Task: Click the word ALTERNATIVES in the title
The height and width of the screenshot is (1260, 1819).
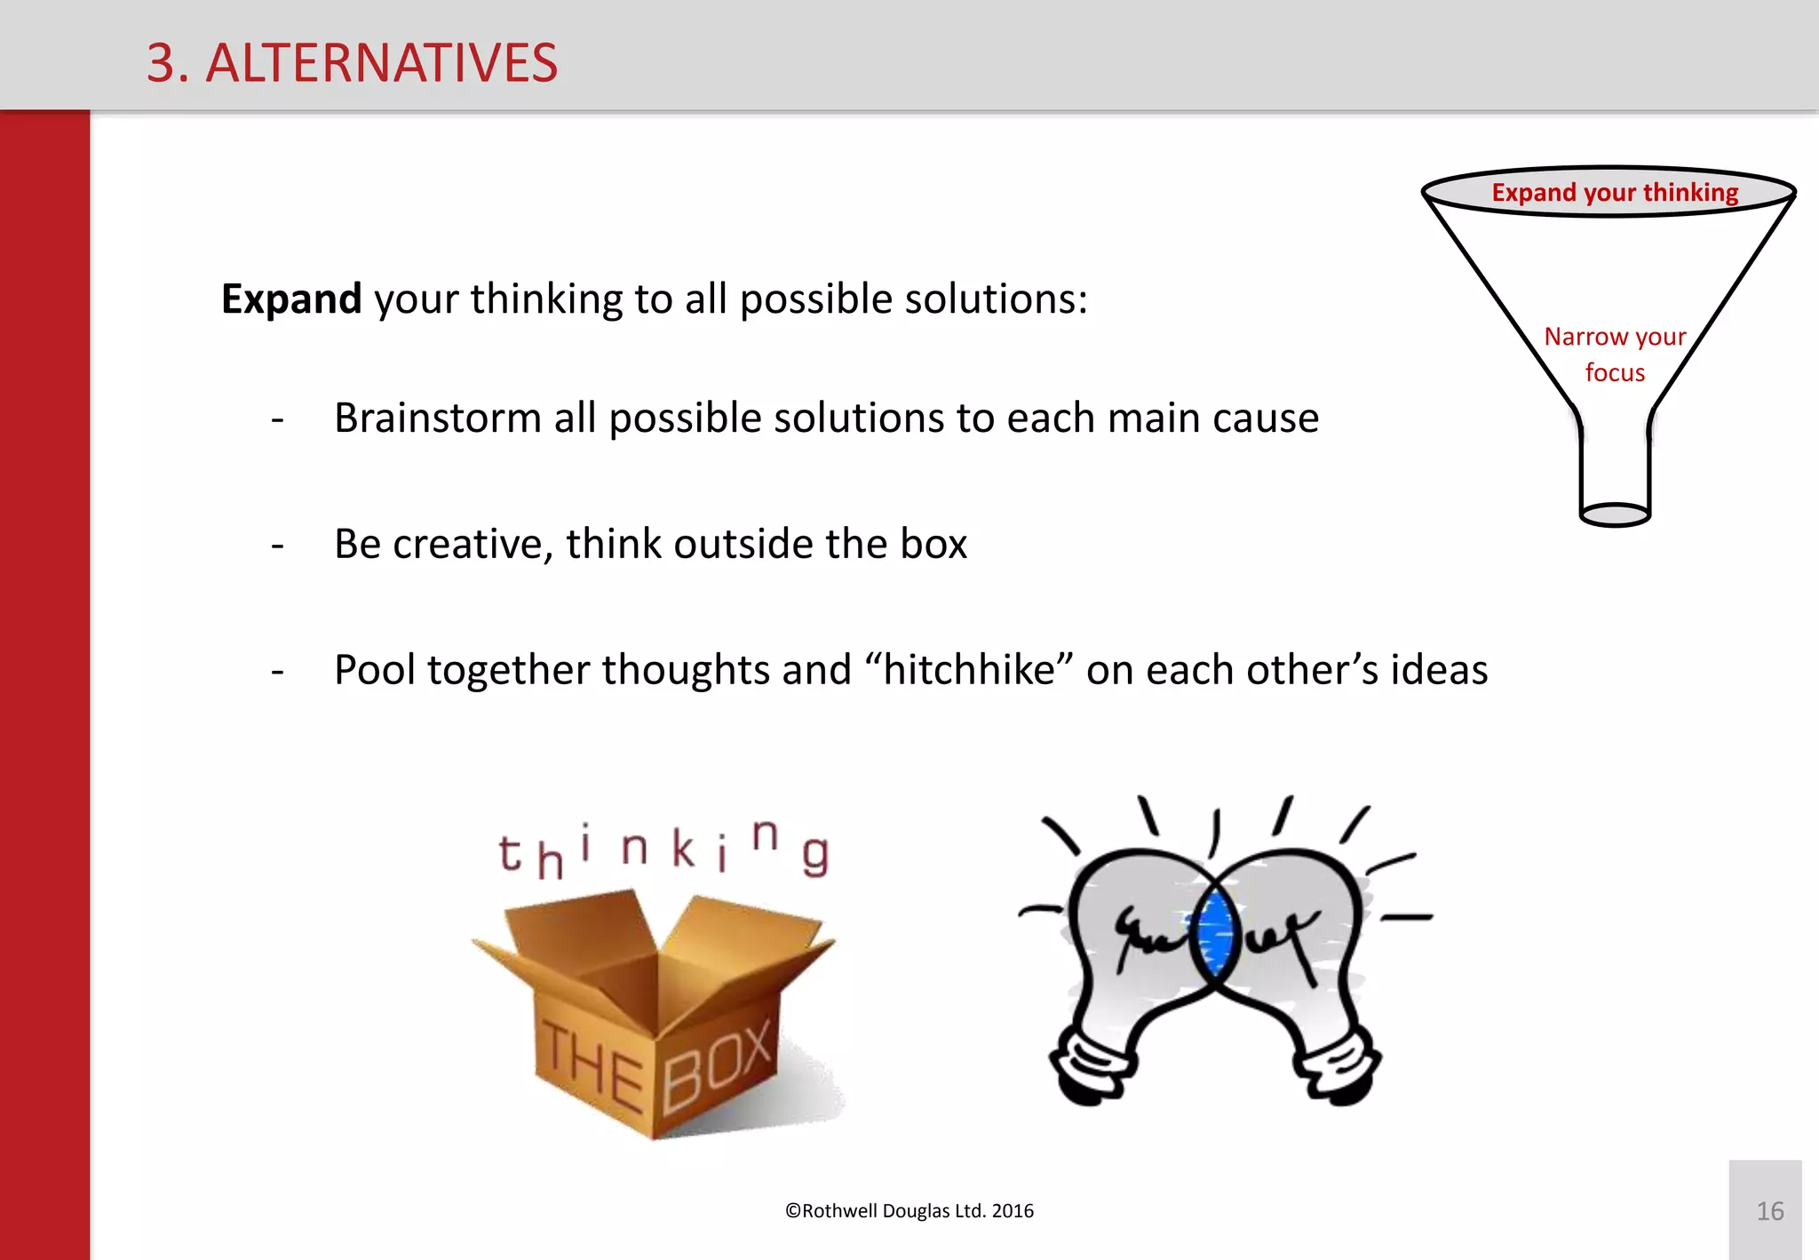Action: coord(382,63)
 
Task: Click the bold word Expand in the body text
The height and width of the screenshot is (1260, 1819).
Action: coord(291,299)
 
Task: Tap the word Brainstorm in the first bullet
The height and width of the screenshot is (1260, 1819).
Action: coord(437,418)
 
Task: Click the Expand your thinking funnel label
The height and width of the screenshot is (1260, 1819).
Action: coord(1614,192)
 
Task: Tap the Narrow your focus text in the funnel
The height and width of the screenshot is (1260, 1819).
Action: coord(1615,354)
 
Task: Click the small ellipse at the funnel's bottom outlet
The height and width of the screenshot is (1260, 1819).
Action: coord(1615,514)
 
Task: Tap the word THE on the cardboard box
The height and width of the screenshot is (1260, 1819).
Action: coord(592,1066)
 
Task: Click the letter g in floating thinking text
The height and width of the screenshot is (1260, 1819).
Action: coord(815,855)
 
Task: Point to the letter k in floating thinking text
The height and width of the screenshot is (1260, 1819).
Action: coord(682,848)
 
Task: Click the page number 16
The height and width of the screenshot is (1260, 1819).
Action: coord(1769,1211)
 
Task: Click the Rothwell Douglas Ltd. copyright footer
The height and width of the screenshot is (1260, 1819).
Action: coord(909,1211)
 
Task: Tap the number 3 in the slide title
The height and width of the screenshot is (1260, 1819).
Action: coord(162,63)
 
